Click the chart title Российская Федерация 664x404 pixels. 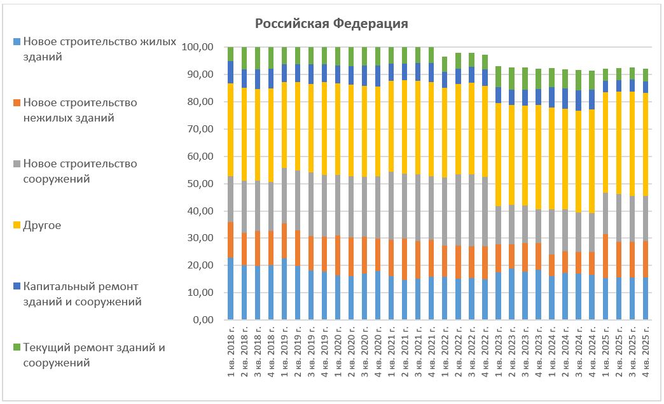pos(331,24)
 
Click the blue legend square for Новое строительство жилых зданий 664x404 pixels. pos(17,42)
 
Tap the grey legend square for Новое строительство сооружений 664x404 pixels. pos(17,164)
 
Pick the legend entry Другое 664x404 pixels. pos(42,225)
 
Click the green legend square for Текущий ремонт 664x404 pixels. pos(17,347)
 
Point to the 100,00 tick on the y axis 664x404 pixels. pos(197,48)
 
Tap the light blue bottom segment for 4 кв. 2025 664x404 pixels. pos(645,298)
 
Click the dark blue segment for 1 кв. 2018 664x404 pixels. pos(231,72)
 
